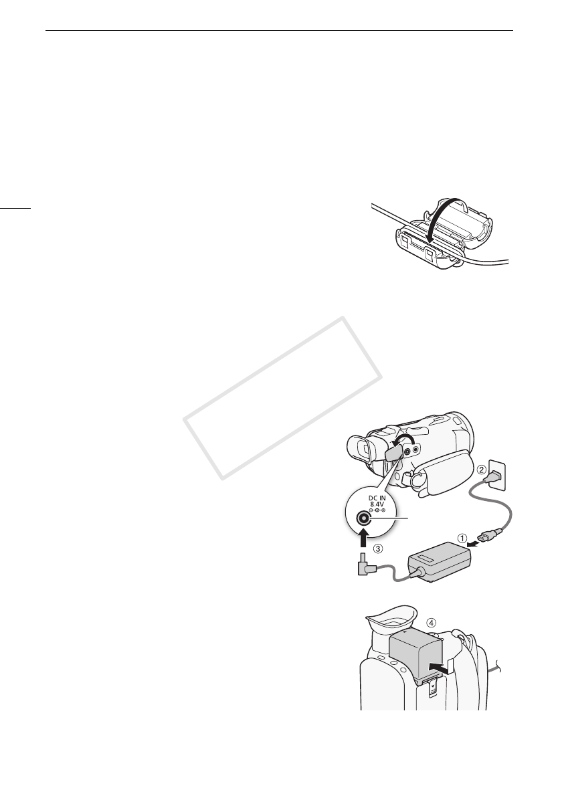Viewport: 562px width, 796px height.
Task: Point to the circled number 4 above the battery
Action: [x=432, y=621]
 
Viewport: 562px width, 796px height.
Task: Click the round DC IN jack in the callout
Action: [x=365, y=518]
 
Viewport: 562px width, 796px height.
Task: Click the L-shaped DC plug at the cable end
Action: [x=364, y=567]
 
